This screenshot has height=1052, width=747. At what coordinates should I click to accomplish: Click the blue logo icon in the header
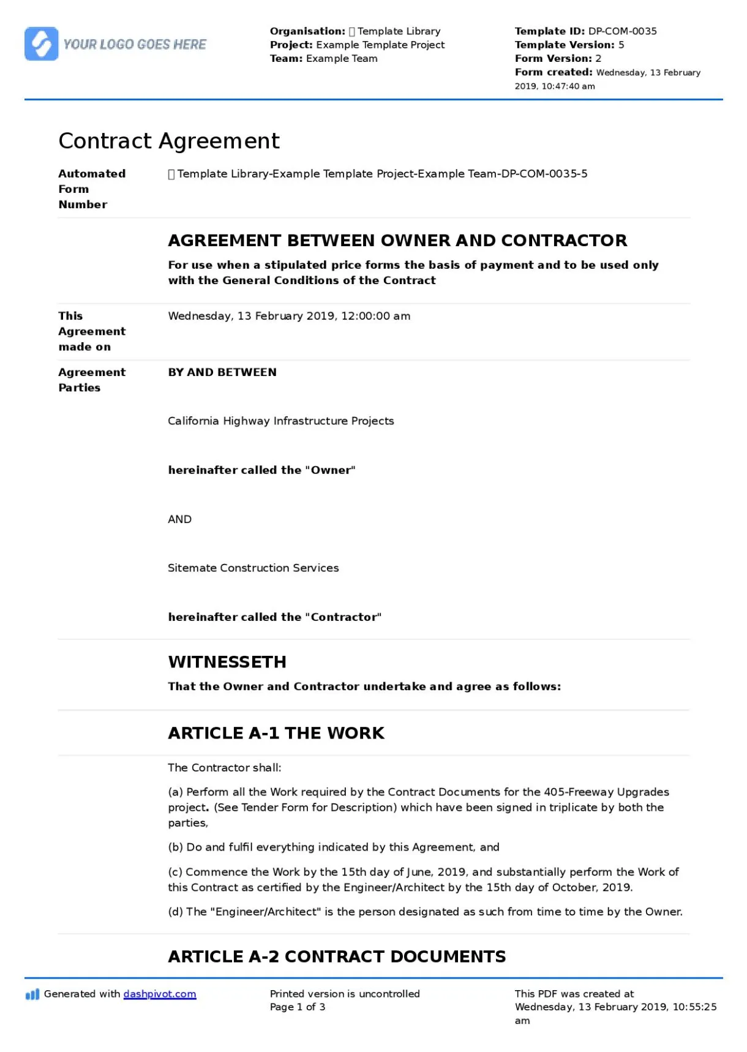pyautogui.click(x=41, y=44)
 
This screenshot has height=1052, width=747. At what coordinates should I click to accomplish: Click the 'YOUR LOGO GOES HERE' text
pyautogui.click(x=135, y=45)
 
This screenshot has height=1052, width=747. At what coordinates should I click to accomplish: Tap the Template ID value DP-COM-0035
pyautogui.click(x=622, y=31)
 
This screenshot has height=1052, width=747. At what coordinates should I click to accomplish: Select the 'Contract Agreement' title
pyautogui.click(x=169, y=141)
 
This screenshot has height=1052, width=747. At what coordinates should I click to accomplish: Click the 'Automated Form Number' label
pyautogui.click(x=92, y=189)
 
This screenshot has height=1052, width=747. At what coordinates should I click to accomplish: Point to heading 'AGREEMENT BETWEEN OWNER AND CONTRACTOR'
pyautogui.click(x=397, y=241)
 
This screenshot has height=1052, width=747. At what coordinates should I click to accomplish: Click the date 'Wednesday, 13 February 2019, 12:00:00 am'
pyautogui.click(x=289, y=317)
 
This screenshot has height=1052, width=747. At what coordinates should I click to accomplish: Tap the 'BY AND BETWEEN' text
pyautogui.click(x=222, y=372)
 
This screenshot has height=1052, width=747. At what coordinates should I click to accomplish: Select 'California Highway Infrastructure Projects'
pyautogui.click(x=280, y=421)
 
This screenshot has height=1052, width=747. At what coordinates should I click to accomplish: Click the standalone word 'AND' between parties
pyautogui.click(x=179, y=519)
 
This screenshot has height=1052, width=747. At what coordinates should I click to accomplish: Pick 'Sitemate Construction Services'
pyautogui.click(x=253, y=568)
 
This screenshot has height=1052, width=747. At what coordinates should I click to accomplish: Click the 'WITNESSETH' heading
pyautogui.click(x=227, y=662)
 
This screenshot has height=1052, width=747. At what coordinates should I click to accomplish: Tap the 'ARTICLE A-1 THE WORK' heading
pyautogui.click(x=276, y=733)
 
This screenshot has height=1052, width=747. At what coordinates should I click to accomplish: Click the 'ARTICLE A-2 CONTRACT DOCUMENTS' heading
pyautogui.click(x=337, y=956)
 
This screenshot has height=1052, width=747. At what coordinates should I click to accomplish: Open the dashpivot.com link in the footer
pyautogui.click(x=160, y=994)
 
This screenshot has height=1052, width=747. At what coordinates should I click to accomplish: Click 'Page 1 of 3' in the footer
pyautogui.click(x=298, y=1007)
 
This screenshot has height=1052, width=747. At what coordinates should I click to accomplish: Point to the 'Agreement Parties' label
pyautogui.click(x=92, y=380)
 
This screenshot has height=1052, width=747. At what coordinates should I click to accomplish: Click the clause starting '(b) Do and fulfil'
pyautogui.click(x=334, y=847)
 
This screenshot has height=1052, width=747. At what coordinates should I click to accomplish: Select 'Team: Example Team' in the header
pyautogui.click(x=323, y=59)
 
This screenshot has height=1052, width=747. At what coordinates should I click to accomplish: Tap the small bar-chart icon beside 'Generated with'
pyautogui.click(x=32, y=994)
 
